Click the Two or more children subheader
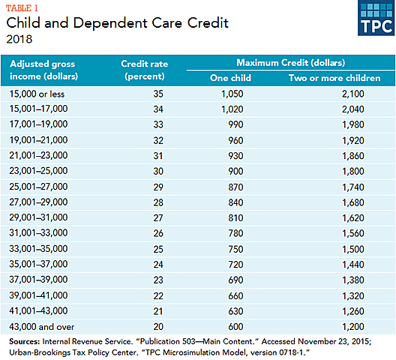335,77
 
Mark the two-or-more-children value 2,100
335,94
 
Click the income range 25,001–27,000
40,183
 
